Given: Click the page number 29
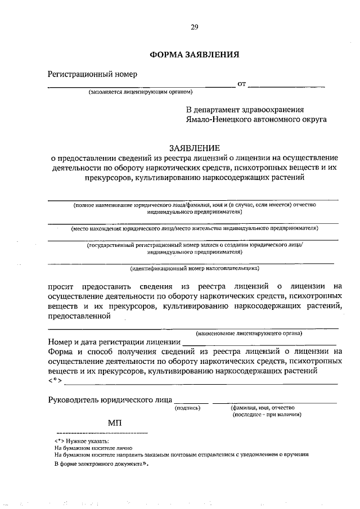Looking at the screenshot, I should [x=194, y=26].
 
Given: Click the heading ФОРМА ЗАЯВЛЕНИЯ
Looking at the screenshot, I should [x=195, y=55].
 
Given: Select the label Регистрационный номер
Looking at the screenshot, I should [x=92, y=74].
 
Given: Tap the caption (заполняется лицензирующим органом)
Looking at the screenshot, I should [x=141, y=92].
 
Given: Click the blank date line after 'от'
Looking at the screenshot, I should [x=286, y=85].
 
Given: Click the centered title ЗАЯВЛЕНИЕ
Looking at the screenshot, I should [x=194, y=148].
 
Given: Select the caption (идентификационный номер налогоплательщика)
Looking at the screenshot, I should [x=194, y=268].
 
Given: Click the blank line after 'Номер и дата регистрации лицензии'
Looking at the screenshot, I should [x=260, y=342].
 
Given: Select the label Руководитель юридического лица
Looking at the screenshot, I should [x=110, y=400].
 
